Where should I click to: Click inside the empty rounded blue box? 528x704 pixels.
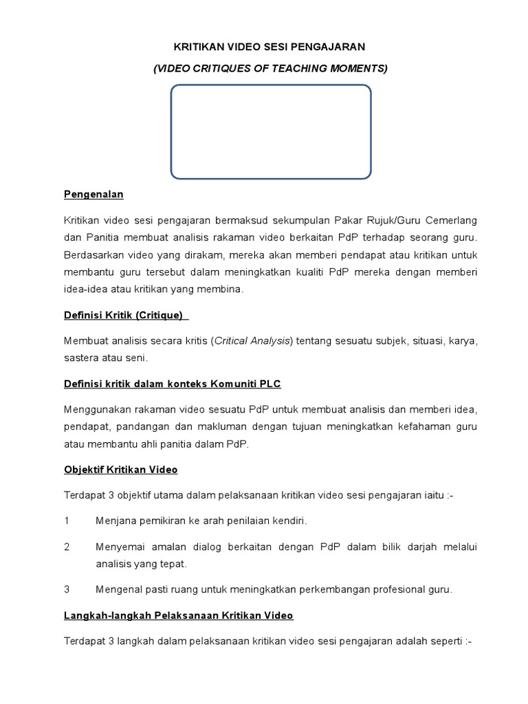tap(270, 131)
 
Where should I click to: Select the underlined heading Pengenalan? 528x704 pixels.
tap(93, 195)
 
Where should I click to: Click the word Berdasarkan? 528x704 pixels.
tap(93, 255)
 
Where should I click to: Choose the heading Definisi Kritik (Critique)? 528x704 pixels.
tap(125, 315)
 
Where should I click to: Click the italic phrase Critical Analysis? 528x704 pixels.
tap(253, 341)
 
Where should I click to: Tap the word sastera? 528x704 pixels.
tap(80, 358)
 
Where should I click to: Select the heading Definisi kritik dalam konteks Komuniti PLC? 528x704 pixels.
tap(173, 384)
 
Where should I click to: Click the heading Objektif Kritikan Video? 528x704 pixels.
tap(121, 470)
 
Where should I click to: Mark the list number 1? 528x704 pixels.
tap(67, 521)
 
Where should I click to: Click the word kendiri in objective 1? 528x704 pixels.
tap(289, 521)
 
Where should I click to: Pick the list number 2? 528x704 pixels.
tap(67, 547)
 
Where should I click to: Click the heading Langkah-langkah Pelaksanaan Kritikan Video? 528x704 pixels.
tap(179, 615)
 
